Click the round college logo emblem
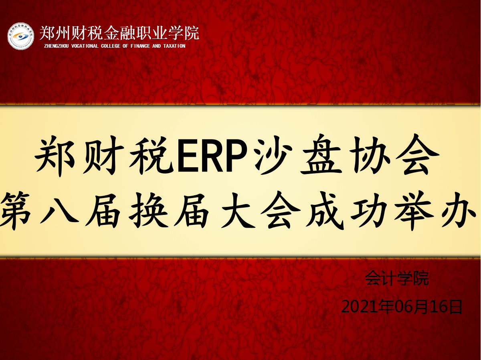tap(20, 36)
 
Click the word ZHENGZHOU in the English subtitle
tap(57, 46)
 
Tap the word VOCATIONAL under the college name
tap(85, 46)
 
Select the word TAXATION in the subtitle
tap(174, 46)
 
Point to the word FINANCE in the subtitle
tap(140, 46)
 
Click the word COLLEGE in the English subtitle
tap(111, 46)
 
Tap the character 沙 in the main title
tap(273, 155)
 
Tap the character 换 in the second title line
tap(148, 211)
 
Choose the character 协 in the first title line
tap(370, 155)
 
